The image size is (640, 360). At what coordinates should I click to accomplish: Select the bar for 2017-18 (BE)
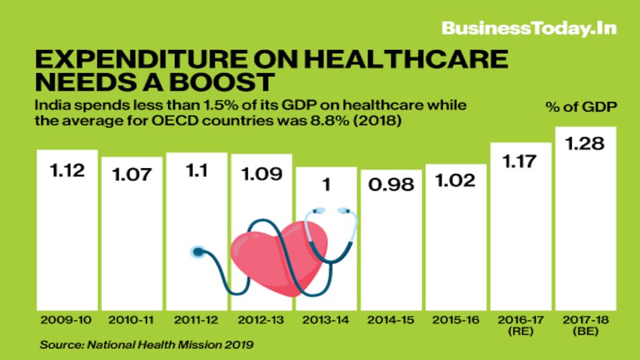click(x=585, y=223)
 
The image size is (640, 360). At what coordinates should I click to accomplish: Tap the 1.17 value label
click(x=521, y=163)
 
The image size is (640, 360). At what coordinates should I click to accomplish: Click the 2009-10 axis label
click(x=66, y=318)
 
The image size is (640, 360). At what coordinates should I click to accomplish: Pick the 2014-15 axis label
click(x=391, y=318)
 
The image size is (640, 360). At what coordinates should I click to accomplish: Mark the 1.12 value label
click(x=67, y=170)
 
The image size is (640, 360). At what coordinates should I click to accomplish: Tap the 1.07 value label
click(x=132, y=175)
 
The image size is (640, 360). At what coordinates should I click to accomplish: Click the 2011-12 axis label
click(x=196, y=318)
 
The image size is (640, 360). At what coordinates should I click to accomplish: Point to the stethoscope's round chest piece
click(x=198, y=252)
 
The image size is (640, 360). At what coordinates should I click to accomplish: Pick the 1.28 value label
click(x=585, y=145)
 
